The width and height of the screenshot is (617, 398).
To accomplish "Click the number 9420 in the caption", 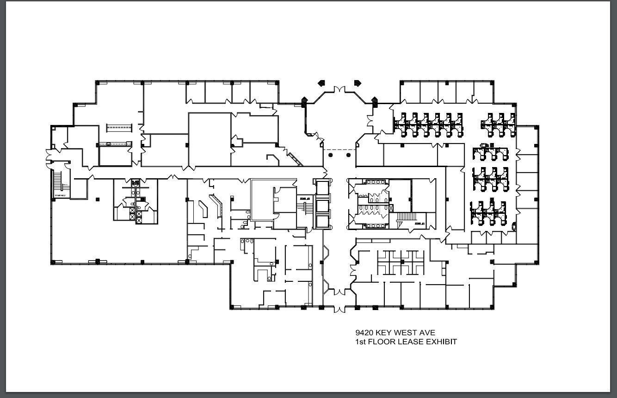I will point(364,332).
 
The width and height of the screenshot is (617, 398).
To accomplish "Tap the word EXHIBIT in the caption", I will point(441,342).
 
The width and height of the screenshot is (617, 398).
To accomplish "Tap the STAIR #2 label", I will point(304,198).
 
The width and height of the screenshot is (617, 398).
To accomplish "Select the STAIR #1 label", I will point(420,224).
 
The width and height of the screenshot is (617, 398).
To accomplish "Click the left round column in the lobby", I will point(330,155).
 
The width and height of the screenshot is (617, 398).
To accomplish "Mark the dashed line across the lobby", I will point(339,149).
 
